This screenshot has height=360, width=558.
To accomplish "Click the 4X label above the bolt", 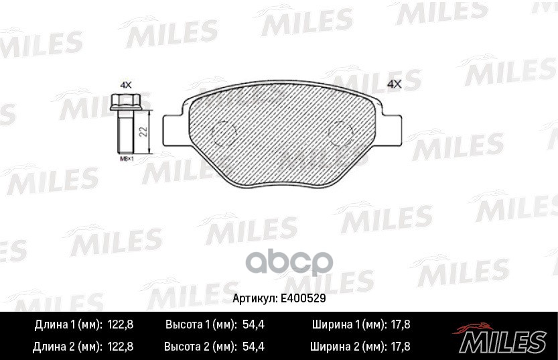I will (x=125, y=85).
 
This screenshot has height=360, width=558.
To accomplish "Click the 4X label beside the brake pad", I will (x=394, y=84).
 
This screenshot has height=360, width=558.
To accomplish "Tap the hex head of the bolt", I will (x=125, y=104).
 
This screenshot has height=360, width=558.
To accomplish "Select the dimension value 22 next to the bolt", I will (x=143, y=130).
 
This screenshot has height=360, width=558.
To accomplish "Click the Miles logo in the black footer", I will (x=502, y=338).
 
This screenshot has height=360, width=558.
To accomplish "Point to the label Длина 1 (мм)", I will (x=67, y=324).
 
